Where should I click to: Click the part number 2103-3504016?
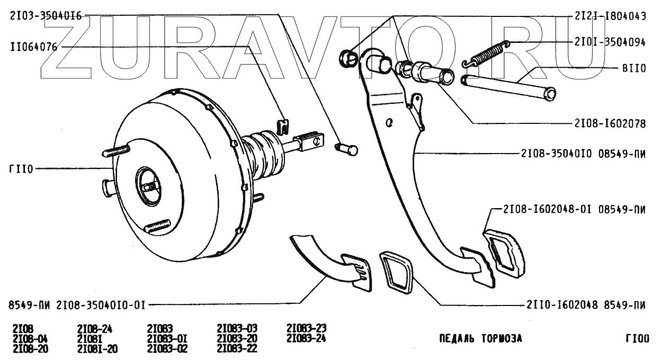pos(46,16)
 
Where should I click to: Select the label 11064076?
pos(33,47)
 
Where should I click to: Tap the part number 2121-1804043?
pos(610,16)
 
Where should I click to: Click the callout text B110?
pos(633,69)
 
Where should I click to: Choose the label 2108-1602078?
pos(610,124)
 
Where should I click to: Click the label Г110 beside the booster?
pos(21,169)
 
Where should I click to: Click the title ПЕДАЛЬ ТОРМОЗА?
pos(480,338)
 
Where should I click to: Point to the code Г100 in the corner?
pos(636,338)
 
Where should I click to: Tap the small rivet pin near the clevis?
pos(347,149)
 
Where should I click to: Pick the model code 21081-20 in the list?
pos(97,349)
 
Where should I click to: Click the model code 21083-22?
pos(237,349)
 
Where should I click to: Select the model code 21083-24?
pos(306,338)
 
